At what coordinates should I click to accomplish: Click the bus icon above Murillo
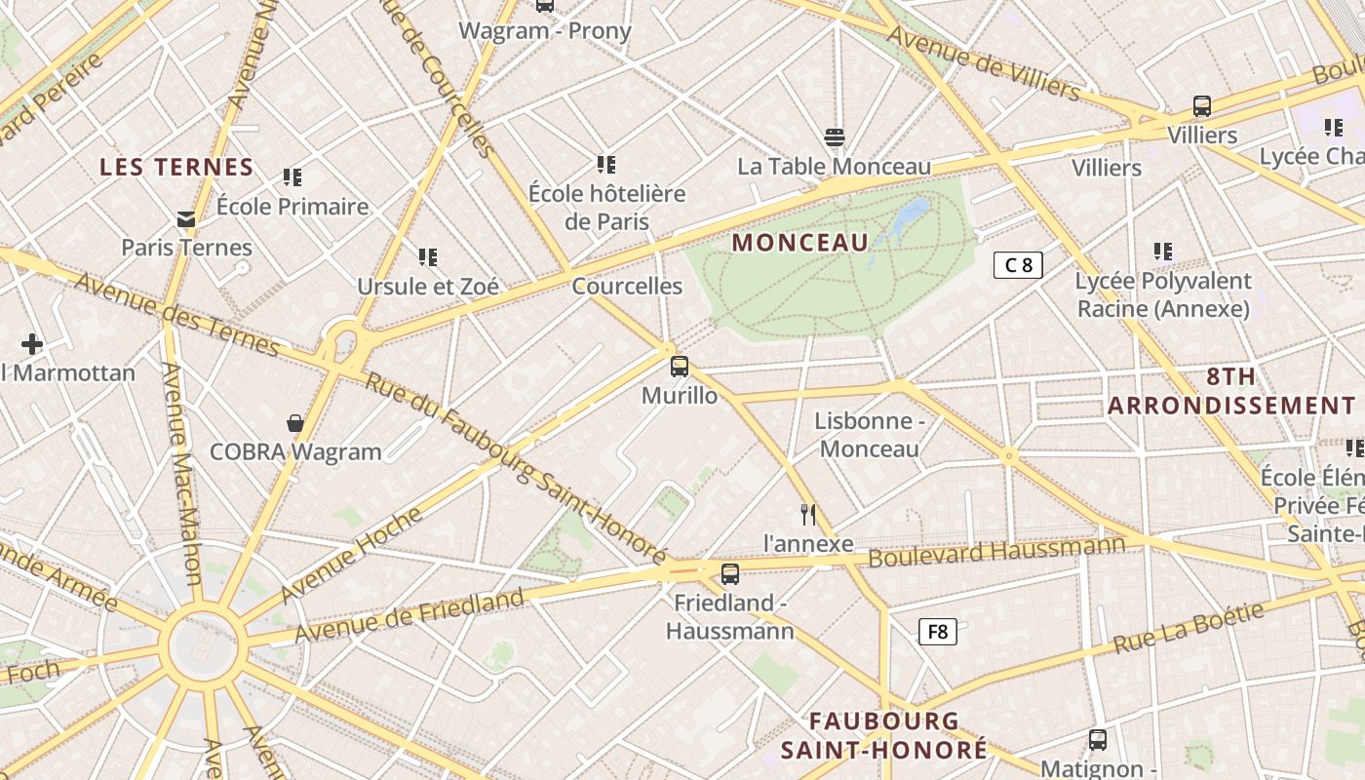(x=680, y=367)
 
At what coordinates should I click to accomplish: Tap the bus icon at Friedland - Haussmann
(x=730, y=573)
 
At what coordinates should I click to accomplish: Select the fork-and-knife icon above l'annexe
(x=807, y=514)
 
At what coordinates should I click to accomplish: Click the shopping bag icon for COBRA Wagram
(x=295, y=423)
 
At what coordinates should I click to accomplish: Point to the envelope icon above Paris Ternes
(x=186, y=219)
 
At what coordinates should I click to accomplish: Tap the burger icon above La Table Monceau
(x=834, y=136)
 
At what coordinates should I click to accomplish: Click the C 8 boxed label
(x=1018, y=264)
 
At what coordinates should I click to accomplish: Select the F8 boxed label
(x=937, y=632)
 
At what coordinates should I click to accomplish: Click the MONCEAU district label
(x=799, y=243)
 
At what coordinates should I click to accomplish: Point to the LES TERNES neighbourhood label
(x=176, y=168)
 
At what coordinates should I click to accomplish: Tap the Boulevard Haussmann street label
(x=995, y=552)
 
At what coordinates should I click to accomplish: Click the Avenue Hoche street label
(x=351, y=555)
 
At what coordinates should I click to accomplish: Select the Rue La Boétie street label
(x=1189, y=629)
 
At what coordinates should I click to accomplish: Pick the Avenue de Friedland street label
(x=409, y=615)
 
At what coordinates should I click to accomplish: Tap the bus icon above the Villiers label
(x=1202, y=106)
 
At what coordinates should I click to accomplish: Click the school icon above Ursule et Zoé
(x=428, y=257)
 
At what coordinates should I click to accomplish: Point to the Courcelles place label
(x=627, y=287)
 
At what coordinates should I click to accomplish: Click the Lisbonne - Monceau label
(x=869, y=435)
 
